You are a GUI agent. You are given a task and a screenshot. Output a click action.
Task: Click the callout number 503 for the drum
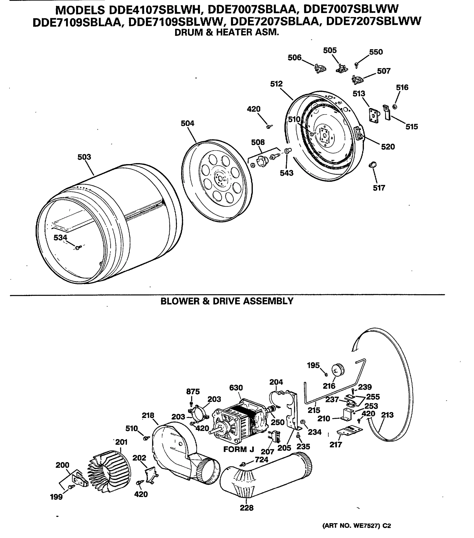click(x=84, y=157)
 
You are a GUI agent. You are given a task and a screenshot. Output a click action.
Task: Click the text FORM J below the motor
click(x=239, y=449)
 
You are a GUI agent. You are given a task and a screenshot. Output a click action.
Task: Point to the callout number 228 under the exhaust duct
click(x=246, y=508)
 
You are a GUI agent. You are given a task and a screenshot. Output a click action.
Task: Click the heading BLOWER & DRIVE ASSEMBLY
click(x=227, y=301)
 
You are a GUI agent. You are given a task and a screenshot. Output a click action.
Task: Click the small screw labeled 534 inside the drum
click(x=77, y=247)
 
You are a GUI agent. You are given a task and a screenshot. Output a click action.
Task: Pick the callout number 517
click(x=379, y=188)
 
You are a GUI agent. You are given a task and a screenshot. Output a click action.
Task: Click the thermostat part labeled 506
click(x=320, y=69)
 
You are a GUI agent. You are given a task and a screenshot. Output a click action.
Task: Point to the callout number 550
click(x=376, y=52)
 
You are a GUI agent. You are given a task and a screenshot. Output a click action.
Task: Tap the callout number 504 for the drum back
click(x=187, y=123)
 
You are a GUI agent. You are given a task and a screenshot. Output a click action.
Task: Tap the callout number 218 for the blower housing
click(x=148, y=415)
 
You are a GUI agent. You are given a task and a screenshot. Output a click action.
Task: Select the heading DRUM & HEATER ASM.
click(x=226, y=32)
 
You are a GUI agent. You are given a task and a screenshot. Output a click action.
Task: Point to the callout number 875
click(x=193, y=391)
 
